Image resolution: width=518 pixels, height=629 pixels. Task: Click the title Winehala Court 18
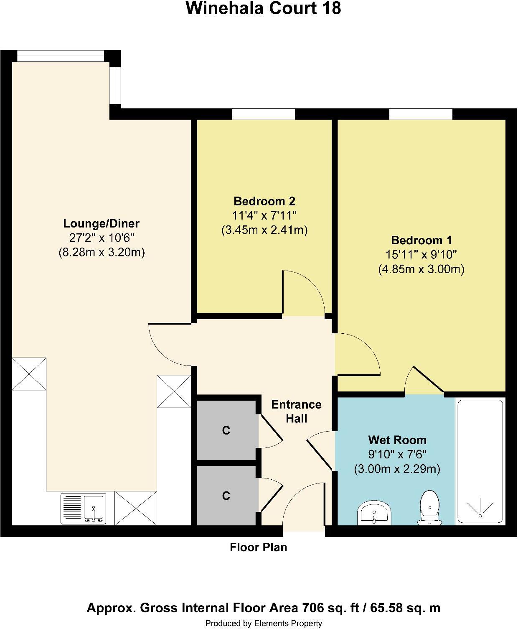point(263,8)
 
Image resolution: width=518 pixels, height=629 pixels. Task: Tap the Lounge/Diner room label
point(101,223)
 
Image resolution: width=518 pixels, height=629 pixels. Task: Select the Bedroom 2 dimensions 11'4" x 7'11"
point(264,216)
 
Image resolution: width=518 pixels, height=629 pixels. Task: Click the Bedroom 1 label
point(421,240)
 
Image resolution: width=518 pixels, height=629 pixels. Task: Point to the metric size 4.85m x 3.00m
point(421,269)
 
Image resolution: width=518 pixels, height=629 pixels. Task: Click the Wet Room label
point(397,440)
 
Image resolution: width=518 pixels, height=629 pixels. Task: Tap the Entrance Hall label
point(296,412)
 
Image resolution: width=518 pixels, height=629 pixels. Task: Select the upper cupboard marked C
point(226,430)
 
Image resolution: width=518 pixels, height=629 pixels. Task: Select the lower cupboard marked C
point(226,496)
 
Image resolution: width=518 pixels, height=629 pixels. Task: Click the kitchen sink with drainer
point(83,508)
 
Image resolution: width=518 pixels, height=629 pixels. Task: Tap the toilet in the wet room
point(429,507)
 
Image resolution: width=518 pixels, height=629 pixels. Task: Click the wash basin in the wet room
point(374,513)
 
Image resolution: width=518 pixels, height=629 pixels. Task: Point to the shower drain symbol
point(480,508)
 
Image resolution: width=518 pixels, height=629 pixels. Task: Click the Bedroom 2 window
point(263,114)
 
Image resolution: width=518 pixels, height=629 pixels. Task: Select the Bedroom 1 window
point(421,114)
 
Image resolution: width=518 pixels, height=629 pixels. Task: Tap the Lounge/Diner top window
point(60,56)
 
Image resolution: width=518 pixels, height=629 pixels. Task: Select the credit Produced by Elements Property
point(264,623)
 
